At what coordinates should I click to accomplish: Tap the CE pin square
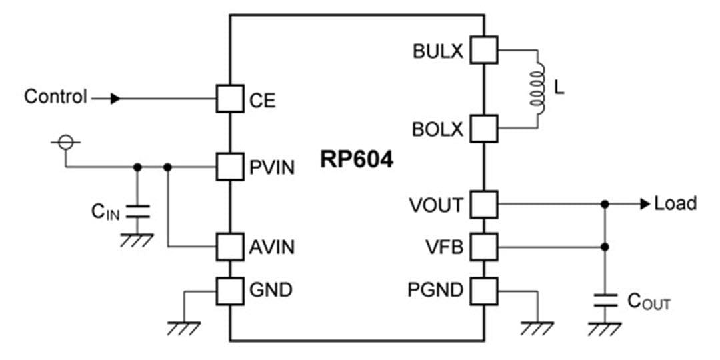coord(229,99)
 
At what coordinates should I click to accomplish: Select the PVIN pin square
coord(229,167)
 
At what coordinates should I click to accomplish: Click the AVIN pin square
coord(229,247)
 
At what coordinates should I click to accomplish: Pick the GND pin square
coord(229,290)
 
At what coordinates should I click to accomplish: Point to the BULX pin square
coord(484,50)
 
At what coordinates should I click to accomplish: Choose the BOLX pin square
coord(484,128)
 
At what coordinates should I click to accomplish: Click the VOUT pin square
coord(484,204)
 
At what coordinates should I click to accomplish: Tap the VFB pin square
coord(484,247)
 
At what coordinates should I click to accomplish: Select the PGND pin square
coord(484,290)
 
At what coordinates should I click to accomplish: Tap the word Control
coord(55,97)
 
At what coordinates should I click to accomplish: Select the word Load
coord(675,203)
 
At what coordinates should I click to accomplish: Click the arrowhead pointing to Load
coord(645,204)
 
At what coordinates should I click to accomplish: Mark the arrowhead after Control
coord(116,99)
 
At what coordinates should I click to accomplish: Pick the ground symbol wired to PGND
coord(537,327)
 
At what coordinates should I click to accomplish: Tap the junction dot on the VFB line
coord(605,247)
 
